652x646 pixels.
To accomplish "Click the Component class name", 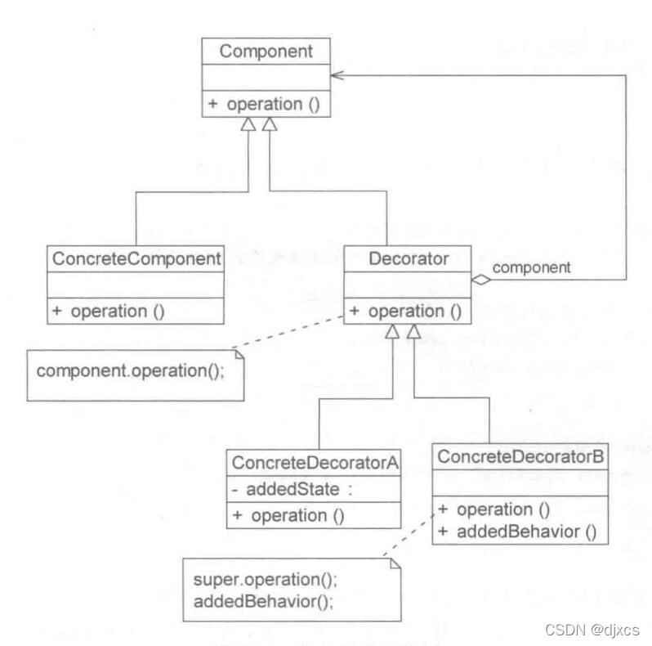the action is pyautogui.click(x=267, y=51).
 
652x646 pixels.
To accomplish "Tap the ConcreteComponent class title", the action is pyautogui.click(x=136, y=258).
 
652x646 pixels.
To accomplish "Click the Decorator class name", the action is pyautogui.click(x=408, y=258).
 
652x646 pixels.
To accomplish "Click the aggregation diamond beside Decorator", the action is pyautogui.click(x=480, y=280).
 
